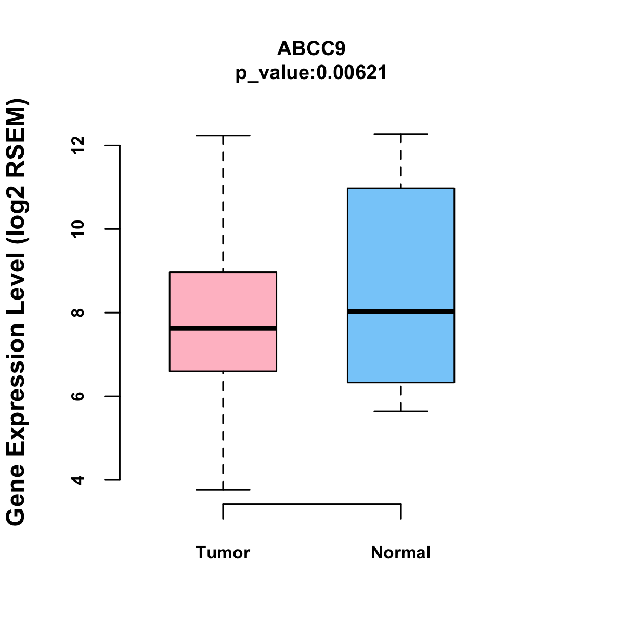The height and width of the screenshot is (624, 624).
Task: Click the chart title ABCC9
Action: [x=311, y=48]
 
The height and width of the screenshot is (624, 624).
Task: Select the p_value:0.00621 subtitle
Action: [x=311, y=73]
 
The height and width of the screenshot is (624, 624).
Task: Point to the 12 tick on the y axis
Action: [x=79, y=146]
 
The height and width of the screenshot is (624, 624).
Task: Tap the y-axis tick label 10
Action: [x=79, y=229]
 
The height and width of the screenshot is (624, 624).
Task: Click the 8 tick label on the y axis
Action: [x=79, y=313]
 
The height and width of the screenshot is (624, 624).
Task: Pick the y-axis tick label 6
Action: [x=79, y=396]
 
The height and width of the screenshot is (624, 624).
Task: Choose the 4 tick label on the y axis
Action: [x=79, y=479]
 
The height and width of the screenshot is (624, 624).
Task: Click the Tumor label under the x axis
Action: [x=223, y=553]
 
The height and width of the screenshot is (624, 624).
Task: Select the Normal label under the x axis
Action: [x=400, y=553]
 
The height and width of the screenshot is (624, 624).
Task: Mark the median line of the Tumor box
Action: [x=223, y=328]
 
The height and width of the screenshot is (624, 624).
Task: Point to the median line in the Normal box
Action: [x=400, y=311]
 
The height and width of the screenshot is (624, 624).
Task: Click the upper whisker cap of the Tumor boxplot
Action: [x=223, y=136]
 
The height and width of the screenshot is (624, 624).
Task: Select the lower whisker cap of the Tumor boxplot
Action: [x=223, y=490]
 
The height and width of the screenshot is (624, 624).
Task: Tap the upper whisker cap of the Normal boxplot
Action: [x=400, y=134]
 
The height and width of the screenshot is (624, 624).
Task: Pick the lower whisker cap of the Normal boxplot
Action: [x=400, y=411]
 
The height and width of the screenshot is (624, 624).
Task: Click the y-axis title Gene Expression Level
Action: [x=17, y=312]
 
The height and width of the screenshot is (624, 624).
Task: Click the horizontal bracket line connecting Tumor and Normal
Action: [x=312, y=504]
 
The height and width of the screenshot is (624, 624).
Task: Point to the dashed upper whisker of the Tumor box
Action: [x=223, y=203]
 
